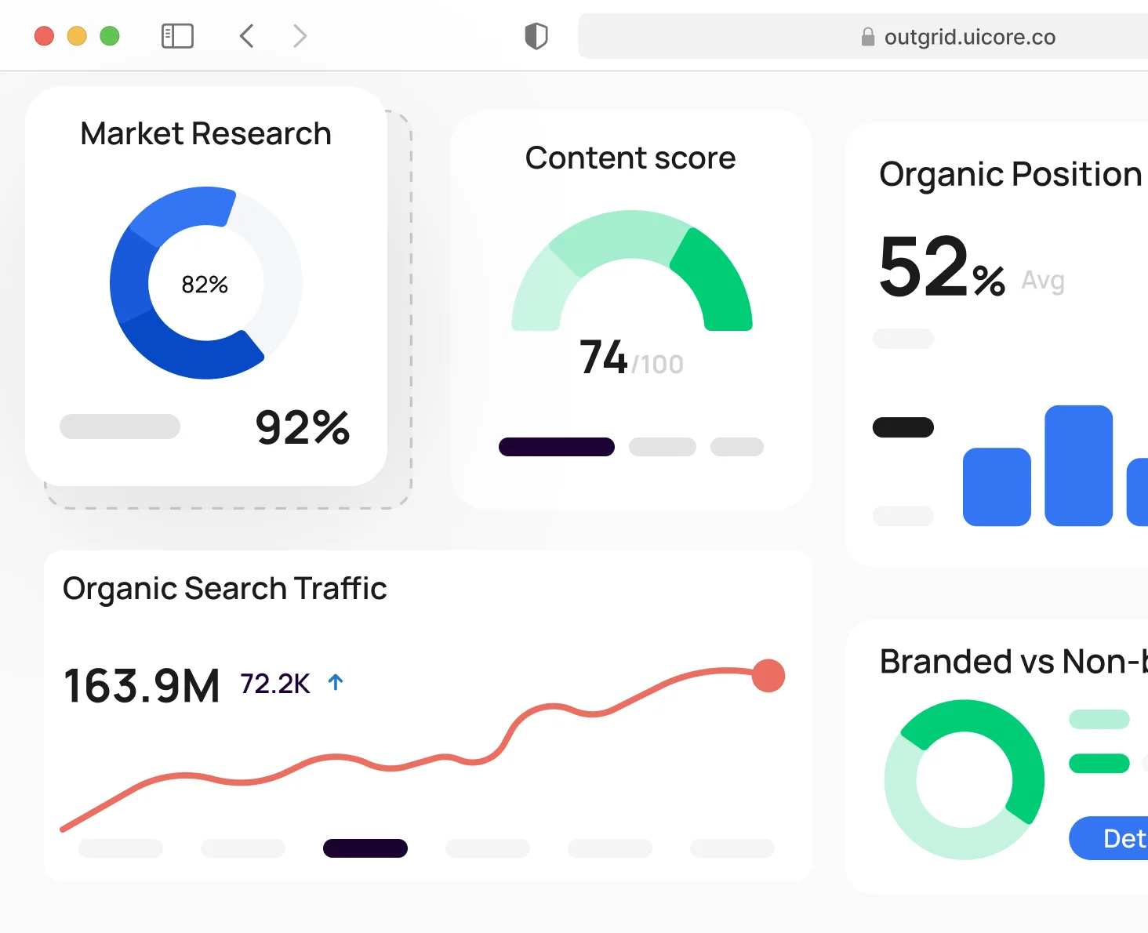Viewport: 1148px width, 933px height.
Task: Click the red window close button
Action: tap(44, 36)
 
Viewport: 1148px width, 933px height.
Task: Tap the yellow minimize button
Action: tap(77, 36)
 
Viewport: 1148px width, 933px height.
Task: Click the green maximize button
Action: tap(110, 36)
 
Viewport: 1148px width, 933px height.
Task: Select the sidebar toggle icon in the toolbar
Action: tap(177, 36)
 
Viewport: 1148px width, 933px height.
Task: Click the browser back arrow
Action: tap(246, 36)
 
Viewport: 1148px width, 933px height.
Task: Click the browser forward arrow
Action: tap(300, 36)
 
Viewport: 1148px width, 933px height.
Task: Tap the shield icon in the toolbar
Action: tap(536, 36)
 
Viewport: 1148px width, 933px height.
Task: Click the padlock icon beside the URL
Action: tap(867, 37)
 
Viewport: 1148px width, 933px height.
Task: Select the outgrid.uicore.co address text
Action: tap(969, 37)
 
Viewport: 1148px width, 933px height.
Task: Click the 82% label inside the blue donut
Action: tap(205, 285)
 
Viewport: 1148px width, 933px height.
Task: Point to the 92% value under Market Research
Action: tap(303, 427)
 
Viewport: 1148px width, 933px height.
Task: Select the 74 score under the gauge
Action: tap(603, 358)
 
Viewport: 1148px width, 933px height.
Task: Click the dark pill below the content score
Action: tap(557, 447)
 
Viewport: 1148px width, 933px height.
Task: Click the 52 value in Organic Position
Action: tap(925, 267)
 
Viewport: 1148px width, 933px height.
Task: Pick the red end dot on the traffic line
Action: tap(768, 675)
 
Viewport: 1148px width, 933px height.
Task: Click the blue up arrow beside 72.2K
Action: tap(336, 682)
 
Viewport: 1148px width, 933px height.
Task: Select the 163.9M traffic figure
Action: tap(142, 686)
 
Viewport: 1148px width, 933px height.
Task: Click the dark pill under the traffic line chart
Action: tap(365, 848)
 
